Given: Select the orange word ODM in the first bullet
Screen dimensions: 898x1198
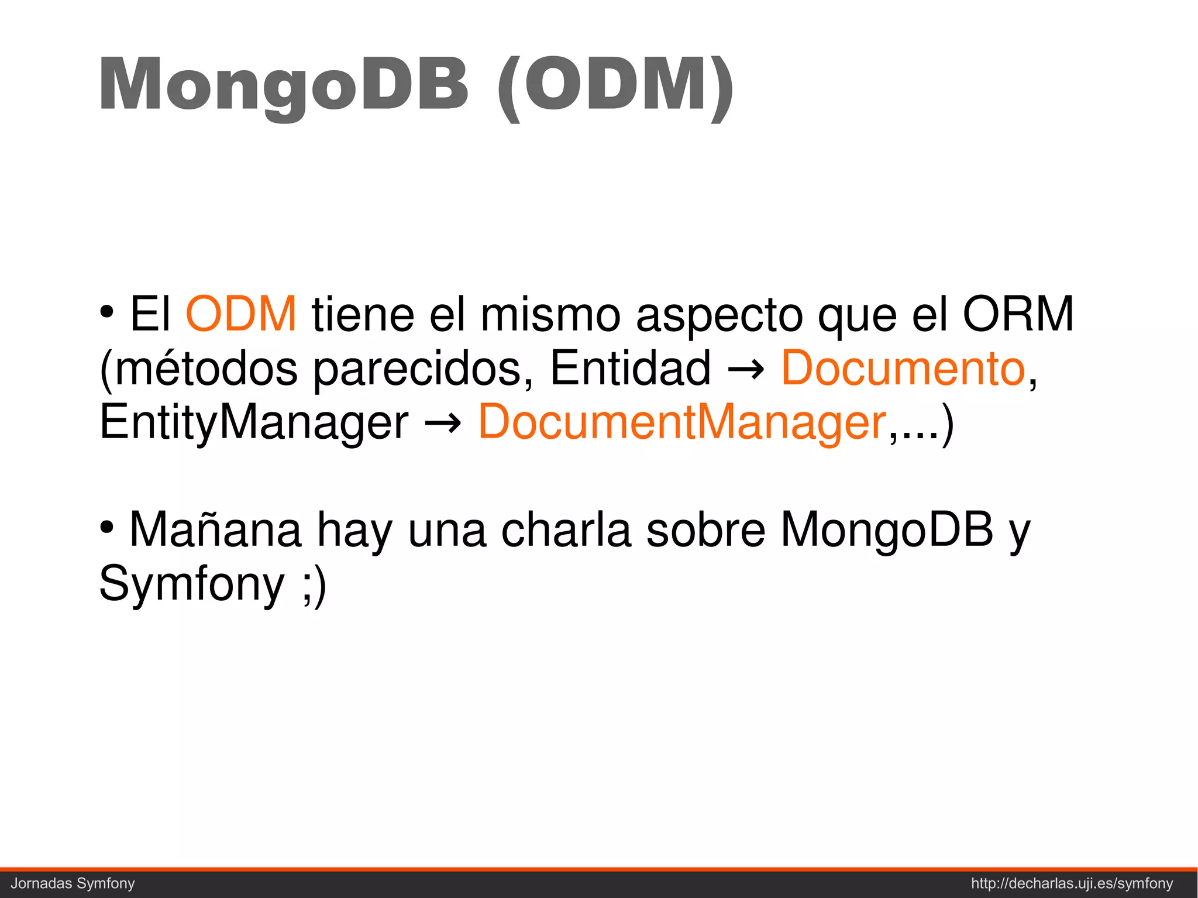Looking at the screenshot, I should pyautogui.click(x=241, y=314).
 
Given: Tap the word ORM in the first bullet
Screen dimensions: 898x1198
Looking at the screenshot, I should pyautogui.click(x=1018, y=314).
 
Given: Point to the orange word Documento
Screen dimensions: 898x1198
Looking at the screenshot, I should pyautogui.click(x=903, y=368).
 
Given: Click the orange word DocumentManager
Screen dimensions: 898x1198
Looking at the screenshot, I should pyautogui.click(x=683, y=422).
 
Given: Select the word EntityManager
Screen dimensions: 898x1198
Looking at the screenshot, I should pyautogui.click(x=254, y=423).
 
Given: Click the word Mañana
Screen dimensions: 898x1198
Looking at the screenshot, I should pyautogui.click(x=215, y=530).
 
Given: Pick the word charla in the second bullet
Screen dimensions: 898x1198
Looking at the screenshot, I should pyautogui.click(x=566, y=530).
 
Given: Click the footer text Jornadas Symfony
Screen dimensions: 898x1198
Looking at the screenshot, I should pyautogui.click(x=73, y=883).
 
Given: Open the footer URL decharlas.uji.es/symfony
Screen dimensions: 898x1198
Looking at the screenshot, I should pyautogui.click(x=1072, y=883).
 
